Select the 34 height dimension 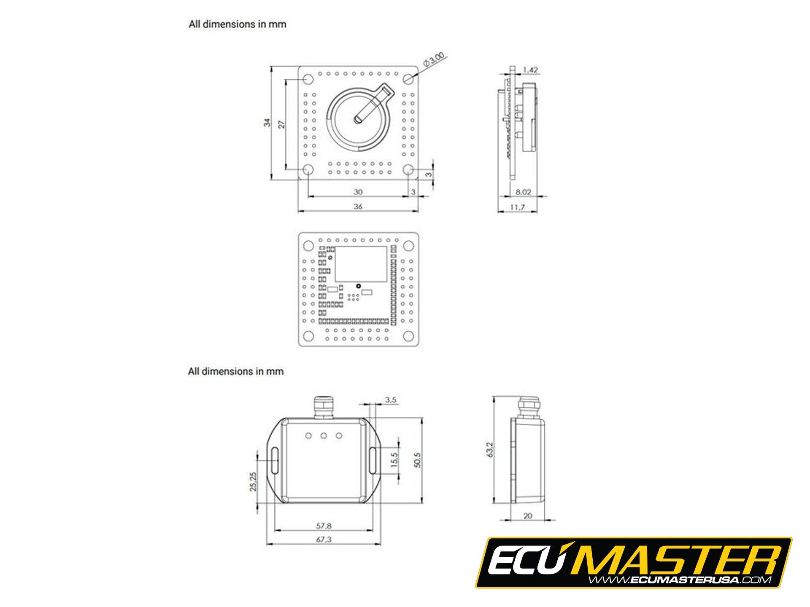coord(267,123)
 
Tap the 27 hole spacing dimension coord(282,124)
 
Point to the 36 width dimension coord(358,206)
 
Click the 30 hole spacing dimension coord(358,192)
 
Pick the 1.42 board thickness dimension coord(530,70)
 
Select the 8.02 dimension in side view coord(523,192)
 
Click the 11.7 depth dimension coord(517,207)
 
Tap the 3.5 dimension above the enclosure coord(391,400)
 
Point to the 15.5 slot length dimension coord(394,460)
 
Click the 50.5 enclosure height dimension coord(417,460)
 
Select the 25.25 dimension coord(253,481)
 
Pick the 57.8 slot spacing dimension coord(324,526)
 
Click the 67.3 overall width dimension coord(324,540)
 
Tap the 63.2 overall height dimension coord(489,450)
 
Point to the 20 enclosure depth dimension coord(527,516)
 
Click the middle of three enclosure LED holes coord(324,435)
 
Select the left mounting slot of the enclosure coord(275,460)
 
